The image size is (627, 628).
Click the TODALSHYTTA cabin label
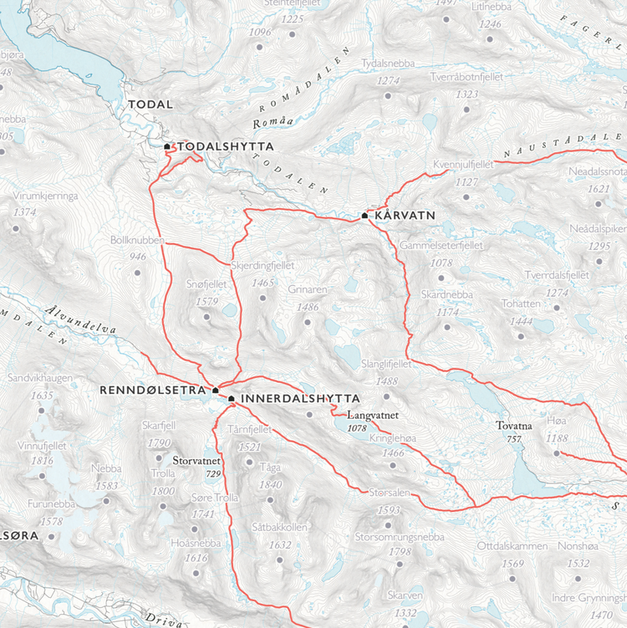[224, 146]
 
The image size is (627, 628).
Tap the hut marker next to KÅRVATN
[365, 216]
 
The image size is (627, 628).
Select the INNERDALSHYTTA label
[299, 399]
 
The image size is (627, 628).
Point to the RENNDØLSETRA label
[154, 390]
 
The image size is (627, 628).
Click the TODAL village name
[150, 105]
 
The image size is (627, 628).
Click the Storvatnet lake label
[196, 460]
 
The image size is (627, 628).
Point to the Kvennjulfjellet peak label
[465, 165]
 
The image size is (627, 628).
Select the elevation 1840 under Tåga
[270, 485]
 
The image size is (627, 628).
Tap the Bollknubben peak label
[138, 239]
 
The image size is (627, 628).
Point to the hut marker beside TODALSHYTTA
[167, 146]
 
